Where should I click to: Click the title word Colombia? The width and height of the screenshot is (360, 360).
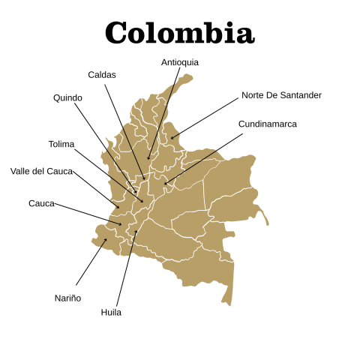[179, 32]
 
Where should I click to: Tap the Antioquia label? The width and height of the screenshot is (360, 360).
[180, 62]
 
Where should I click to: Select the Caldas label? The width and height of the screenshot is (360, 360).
[102, 74]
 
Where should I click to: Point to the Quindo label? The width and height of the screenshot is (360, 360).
[67, 98]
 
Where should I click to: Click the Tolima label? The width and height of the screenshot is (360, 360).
[61, 143]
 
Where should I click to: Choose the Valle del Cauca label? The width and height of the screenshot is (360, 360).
[41, 171]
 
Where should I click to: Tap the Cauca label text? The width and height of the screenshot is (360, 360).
[41, 203]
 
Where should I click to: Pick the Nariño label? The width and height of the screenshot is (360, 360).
[67, 298]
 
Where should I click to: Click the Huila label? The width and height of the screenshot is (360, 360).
[111, 312]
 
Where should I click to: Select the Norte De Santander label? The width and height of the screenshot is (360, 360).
[281, 95]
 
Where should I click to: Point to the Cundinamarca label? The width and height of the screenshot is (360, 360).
[268, 124]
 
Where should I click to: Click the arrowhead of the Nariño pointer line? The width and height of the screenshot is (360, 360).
[106, 239]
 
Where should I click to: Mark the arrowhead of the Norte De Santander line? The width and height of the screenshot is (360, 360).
[171, 139]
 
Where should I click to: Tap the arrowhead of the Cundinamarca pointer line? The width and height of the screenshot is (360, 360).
[165, 184]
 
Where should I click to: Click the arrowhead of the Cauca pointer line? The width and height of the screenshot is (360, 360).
[121, 224]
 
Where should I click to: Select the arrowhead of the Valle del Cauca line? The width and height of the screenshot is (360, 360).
[118, 208]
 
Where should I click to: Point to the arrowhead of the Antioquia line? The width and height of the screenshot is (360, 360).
[148, 158]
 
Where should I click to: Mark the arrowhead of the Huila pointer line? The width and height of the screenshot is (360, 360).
[137, 232]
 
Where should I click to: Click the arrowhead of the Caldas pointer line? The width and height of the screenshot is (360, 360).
[145, 179]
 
